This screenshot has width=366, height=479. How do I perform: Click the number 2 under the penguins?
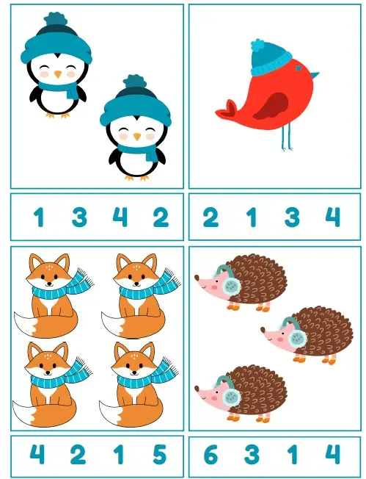161,217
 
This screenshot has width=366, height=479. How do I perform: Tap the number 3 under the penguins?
79,217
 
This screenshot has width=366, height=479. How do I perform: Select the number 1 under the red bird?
252,217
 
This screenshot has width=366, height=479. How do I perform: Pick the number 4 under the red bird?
332,217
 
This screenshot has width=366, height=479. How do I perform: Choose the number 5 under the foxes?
159,454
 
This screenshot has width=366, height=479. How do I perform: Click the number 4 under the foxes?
37,454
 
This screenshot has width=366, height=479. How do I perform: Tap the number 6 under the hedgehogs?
211,454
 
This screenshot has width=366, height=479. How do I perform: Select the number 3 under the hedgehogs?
252,454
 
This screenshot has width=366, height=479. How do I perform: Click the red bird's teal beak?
315,75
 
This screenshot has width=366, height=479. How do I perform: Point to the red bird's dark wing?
271,107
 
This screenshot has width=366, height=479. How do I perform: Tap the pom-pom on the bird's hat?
259,46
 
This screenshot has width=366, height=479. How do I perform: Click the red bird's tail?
227,109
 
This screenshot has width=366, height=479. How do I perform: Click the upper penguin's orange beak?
58,74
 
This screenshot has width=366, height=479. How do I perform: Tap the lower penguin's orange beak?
137,136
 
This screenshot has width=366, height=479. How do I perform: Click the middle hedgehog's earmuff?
296,336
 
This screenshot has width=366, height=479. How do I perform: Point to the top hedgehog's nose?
197,278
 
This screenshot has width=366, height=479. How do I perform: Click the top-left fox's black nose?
49,284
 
